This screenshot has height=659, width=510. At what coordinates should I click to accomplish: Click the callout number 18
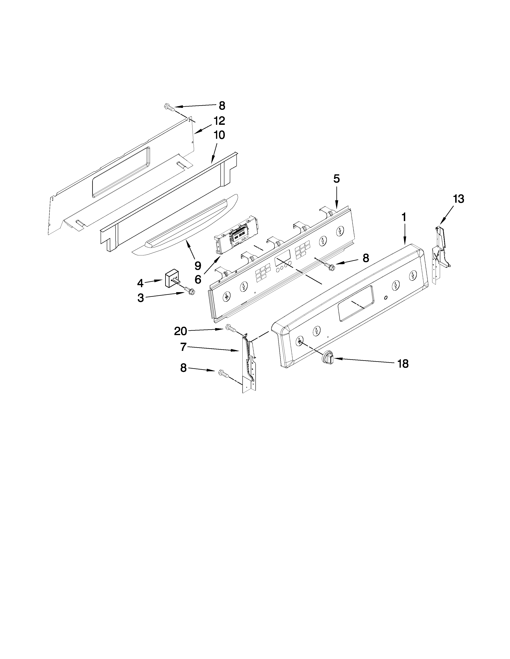403,364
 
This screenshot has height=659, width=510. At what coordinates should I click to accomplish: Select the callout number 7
183,347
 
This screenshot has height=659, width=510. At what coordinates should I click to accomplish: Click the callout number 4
140,283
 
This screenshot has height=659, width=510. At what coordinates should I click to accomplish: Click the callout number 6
198,279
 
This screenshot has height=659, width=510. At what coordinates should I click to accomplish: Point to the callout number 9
198,266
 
